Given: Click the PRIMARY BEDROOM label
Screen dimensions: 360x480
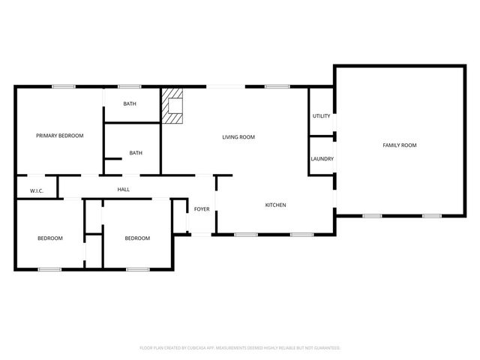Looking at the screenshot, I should click(x=60, y=136).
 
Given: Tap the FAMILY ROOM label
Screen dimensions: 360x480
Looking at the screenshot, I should click(x=400, y=145).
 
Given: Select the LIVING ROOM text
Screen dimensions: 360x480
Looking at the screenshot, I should click(x=239, y=136).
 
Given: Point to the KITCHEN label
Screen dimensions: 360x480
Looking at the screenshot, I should click(x=275, y=205).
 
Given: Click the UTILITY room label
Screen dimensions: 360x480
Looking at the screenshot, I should click(x=322, y=116).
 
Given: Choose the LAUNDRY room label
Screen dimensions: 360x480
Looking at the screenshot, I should click(x=322, y=159).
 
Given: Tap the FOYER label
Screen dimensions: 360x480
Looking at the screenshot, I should click(x=202, y=209).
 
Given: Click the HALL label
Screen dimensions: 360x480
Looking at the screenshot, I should click(x=124, y=190).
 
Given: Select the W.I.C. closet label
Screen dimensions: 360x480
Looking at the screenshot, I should click(x=37, y=191).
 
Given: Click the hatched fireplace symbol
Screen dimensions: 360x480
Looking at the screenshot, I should click(x=174, y=106).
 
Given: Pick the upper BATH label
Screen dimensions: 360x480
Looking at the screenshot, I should click(x=129, y=104).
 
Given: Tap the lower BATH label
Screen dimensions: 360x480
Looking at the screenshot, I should click(x=136, y=153).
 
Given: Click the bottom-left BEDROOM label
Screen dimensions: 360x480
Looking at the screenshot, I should click(x=50, y=238).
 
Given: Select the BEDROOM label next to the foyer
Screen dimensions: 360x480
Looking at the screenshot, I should click(x=137, y=238).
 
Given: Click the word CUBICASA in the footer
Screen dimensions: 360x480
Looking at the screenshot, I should click(x=199, y=348).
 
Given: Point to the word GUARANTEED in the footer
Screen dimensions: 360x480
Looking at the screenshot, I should click(x=324, y=348).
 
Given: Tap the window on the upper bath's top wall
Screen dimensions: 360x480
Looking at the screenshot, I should click(x=129, y=87).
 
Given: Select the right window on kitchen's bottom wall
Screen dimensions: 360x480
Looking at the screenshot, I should click(x=301, y=235).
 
